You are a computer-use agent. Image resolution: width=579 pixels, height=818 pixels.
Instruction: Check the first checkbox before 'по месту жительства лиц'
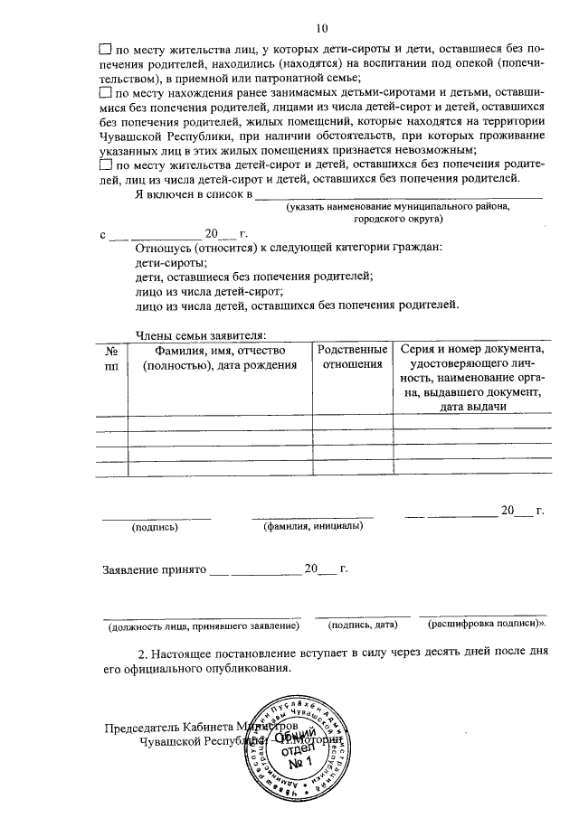(104, 51)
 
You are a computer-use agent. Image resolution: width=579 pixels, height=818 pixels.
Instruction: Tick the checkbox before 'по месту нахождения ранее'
(104, 92)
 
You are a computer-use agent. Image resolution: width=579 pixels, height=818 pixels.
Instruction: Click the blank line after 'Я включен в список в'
(398, 193)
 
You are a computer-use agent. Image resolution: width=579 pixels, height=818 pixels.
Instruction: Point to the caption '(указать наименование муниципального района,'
(399, 207)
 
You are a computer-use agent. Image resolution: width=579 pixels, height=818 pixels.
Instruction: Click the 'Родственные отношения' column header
(352, 357)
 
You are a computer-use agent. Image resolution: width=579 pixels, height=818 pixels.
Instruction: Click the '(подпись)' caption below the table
(155, 526)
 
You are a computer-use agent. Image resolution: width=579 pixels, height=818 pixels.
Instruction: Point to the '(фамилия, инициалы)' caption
(313, 525)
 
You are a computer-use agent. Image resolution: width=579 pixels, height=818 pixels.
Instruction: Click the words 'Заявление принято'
(154, 570)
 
